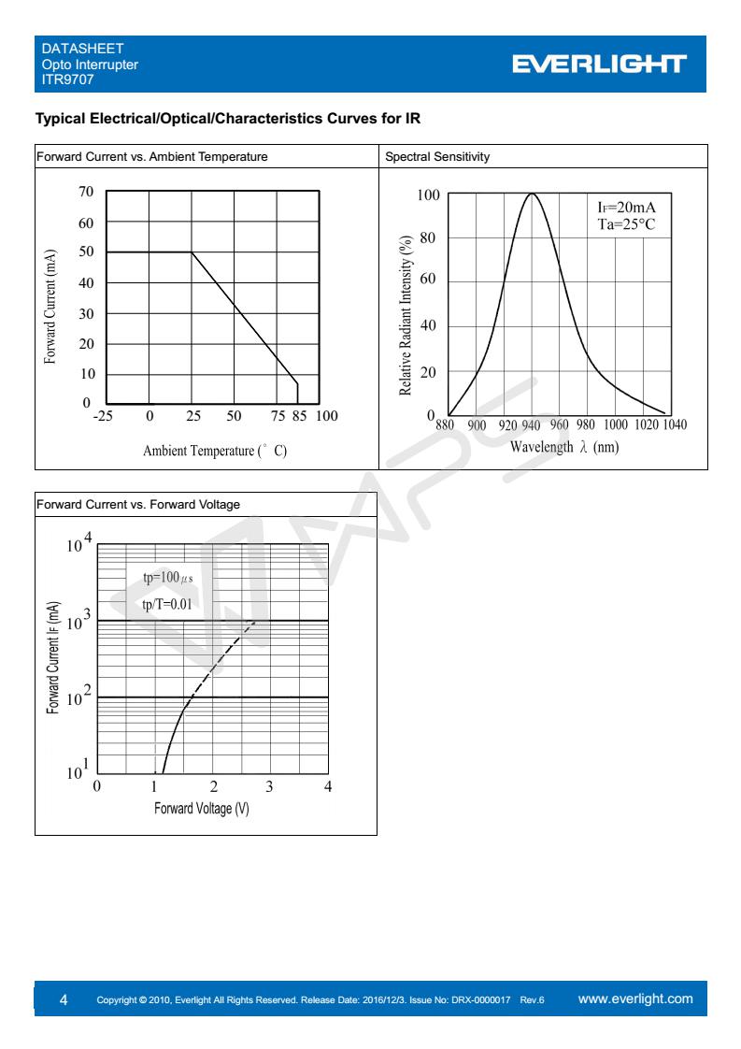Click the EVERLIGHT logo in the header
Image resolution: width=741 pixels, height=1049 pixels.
pyautogui.click(x=599, y=65)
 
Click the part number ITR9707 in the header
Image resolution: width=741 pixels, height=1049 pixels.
pyautogui.click(x=67, y=79)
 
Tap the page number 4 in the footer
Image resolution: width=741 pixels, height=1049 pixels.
pyautogui.click(x=64, y=999)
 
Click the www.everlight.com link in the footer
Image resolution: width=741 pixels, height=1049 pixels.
pyautogui.click(x=635, y=999)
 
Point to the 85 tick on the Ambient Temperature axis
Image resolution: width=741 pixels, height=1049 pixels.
pyautogui.click(x=299, y=415)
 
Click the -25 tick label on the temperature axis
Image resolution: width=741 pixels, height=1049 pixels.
pyautogui.click(x=103, y=415)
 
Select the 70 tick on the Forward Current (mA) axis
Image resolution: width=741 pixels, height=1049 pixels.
pyautogui.click(x=86, y=192)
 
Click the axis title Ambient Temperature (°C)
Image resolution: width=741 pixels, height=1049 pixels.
pyautogui.click(x=215, y=451)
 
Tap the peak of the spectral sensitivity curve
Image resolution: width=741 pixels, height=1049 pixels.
pyautogui.click(x=532, y=194)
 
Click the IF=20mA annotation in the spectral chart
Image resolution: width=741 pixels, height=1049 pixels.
pyautogui.click(x=626, y=208)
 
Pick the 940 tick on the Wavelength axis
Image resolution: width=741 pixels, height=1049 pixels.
pyautogui.click(x=531, y=424)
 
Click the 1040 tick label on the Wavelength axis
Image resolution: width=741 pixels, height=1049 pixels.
pyautogui.click(x=674, y=424)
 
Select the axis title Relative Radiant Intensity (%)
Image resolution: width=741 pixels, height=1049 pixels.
pyautogui.click(x=406, y=315)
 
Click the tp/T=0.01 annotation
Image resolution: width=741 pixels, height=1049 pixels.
pyautogui.click(x=167, y=604)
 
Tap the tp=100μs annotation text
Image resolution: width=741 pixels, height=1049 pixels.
pyautogui.click(x=168, y=578)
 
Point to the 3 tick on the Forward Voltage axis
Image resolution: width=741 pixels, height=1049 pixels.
pyautogui.click(x=269, y=786)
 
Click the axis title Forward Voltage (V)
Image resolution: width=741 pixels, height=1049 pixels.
pyautogui.click(x=201, y=808)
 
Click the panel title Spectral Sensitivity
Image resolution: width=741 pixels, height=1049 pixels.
pyautogui.click(x=437, y=156)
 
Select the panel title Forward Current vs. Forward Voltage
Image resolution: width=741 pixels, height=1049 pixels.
pyautogui.click(x=137, y=505)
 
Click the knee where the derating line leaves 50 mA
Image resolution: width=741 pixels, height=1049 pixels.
pyautogui.click(x=192, y=252)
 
